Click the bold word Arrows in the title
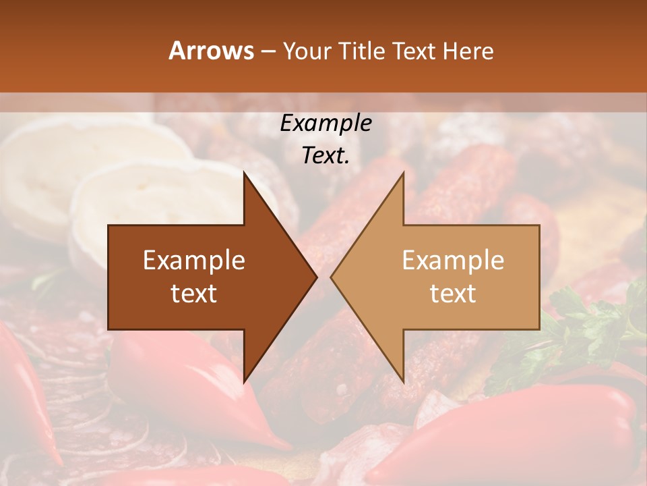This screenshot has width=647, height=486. click(x=211, y=51)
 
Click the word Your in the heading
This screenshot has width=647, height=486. click(x=307, y=51)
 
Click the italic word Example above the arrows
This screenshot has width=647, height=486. click(x=326, y=124)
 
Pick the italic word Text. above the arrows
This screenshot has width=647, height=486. click(x=326, y=155)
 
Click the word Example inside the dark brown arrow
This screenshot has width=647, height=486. click(x=194, y=260)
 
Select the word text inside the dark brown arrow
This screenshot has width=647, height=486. click(x=194, y=293)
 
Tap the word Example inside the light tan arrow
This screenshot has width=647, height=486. click(x=453, y=260)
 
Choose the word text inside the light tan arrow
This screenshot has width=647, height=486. click(x=453, y=293)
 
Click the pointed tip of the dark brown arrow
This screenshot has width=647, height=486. click(x=316, y=277)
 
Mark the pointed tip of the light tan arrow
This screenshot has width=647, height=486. click(x=332, y=277)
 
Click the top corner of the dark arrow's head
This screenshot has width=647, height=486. click(x=245, y=174)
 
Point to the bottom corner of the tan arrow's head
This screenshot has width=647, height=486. click(x=403, y=381)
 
